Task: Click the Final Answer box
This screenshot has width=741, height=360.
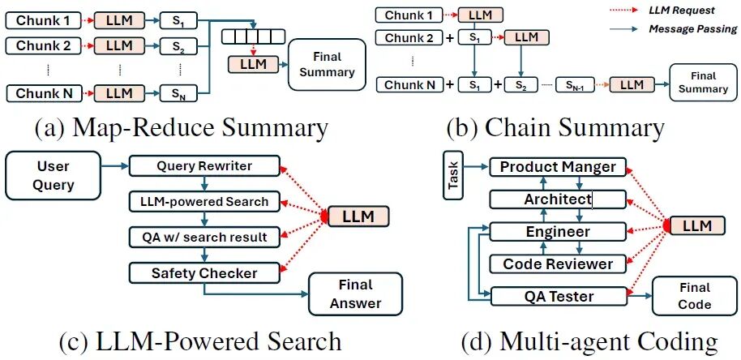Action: pyautogui.click(x=355, y=294)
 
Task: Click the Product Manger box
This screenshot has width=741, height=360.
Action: pyautogui.click(x=558, y=167)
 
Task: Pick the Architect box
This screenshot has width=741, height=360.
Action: pyautogui.click(x=558, y=199)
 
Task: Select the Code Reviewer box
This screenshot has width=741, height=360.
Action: pyautogui.click(x=558, y=264)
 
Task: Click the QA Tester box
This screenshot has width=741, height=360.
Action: pyautogui.click(x=558, y=296)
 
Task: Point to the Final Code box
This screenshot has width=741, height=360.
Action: pyautogui.click(x=694, y=296)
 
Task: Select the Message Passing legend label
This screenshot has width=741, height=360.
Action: pyautogui.click(x=692, y=29)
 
